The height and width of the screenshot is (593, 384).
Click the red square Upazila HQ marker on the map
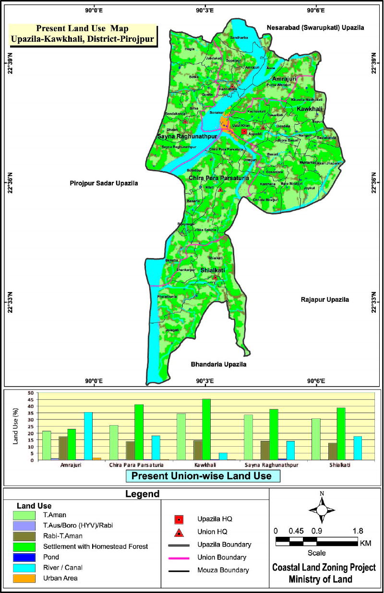[244, 131]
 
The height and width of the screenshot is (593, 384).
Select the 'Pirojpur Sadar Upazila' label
[104, 183]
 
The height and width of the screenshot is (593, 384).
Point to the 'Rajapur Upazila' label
[325, 299]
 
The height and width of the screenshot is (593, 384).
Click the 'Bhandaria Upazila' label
[218, 365]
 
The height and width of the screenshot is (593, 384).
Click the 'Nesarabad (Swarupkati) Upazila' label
[315, 28]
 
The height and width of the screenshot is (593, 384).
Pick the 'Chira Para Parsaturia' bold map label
[218, 178]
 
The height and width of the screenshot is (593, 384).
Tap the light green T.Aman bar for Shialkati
[316, 439]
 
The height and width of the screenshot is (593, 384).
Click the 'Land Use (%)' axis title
[15, 427]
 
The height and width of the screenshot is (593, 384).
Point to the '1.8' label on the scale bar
[358, 531]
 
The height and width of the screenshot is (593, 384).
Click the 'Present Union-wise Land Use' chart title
[203, 476]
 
